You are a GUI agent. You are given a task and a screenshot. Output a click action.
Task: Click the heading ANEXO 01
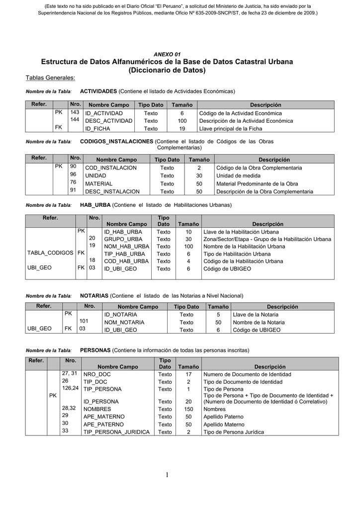coord(167,54)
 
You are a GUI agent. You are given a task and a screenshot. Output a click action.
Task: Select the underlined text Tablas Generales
coord(50,78)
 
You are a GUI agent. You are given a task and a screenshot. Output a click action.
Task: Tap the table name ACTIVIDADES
coord(98,91)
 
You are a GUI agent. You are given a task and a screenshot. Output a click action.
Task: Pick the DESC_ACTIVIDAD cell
coord(108,121)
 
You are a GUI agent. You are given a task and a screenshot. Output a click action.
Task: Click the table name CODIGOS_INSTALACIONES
coord(116,141)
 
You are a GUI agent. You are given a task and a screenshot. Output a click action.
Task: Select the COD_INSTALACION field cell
coord(111,168)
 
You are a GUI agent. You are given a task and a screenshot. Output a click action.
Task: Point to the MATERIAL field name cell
coord(99,183)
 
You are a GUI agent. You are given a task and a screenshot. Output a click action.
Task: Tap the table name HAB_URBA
coord(95,205)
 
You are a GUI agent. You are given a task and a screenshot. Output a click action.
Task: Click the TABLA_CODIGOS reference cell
coord(50,253)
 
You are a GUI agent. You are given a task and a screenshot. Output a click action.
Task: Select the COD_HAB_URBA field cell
coord(126,261)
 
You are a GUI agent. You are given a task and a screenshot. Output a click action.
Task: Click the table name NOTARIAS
coord(94,295)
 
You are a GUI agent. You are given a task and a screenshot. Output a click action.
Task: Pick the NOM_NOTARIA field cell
coord(124,322)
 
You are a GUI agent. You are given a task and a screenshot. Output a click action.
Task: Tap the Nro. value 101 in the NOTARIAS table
coord(84,321)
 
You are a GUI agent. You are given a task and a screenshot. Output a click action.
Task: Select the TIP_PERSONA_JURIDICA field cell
coord(116,432)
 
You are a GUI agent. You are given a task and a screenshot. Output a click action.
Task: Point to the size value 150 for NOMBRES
coord(188,409)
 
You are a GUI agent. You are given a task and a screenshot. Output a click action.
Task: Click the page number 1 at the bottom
coord(168,476)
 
